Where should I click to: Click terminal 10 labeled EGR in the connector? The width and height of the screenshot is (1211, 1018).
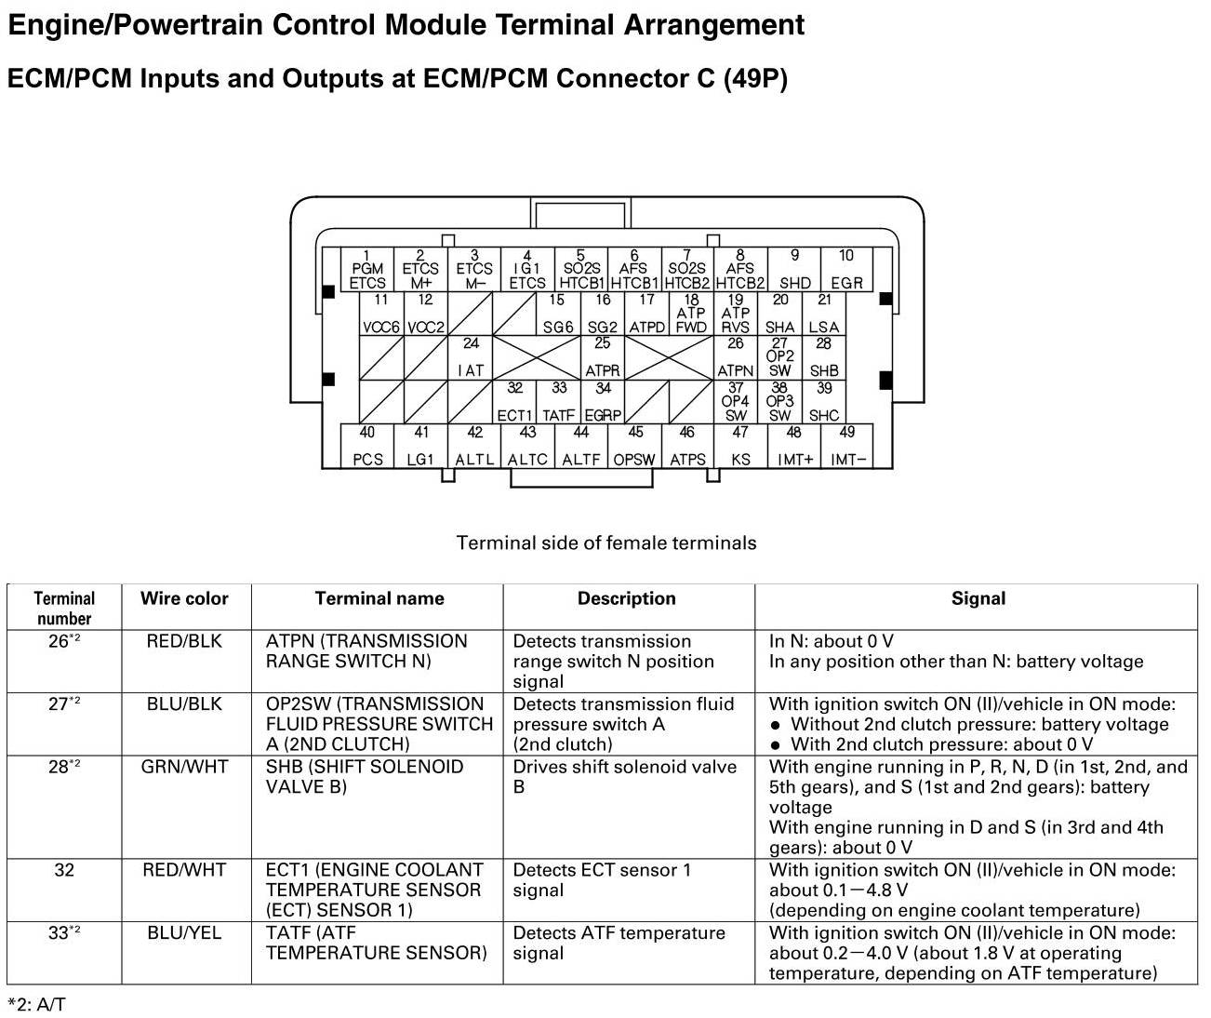coord(846,270)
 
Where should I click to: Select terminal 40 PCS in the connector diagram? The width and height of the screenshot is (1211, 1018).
coord(367,447)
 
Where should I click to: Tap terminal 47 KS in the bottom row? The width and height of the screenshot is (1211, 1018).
coord(740,447)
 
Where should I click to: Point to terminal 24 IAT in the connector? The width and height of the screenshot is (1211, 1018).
coord(472,357)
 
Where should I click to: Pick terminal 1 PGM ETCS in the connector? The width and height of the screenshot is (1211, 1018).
coord(367,270)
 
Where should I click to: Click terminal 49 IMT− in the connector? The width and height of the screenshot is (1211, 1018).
coord(847,447)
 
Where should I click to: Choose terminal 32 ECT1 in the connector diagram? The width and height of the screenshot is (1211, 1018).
coord(514,402)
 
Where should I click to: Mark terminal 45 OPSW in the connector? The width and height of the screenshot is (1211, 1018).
coord(634,447)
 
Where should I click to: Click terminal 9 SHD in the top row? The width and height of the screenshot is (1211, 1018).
coord(794,270)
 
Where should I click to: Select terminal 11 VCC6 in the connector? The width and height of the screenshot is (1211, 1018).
coord(381,315)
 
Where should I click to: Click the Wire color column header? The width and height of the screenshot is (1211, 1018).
coord(184,599)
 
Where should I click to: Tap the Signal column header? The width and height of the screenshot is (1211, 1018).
coord(978,599)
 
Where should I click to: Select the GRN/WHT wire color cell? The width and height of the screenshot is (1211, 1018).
coord(184,767)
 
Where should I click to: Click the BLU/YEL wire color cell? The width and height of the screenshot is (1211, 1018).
coord(184,932)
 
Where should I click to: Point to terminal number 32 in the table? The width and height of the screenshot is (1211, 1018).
coord(63,870)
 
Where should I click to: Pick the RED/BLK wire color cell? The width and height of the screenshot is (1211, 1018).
coord(184,641)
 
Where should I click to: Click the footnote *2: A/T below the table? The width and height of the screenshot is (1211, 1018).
coord(37,1004)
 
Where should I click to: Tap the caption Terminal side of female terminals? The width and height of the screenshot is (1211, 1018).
coord(606,542)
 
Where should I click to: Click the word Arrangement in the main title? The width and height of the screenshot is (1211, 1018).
coord(714,25)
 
